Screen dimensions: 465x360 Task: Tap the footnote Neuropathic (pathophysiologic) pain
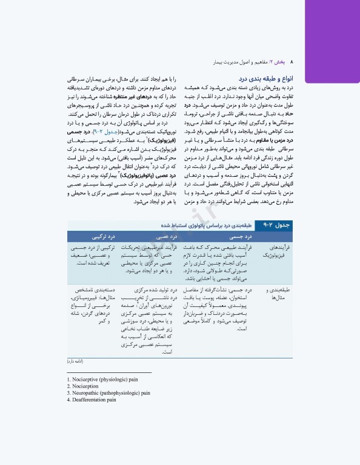click(108, 393)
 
